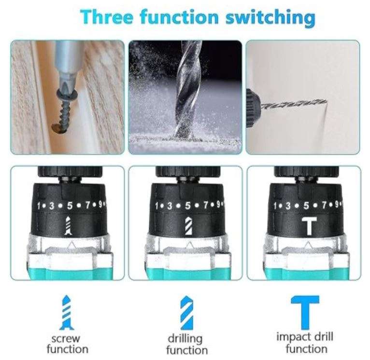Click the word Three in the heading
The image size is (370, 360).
click(x=107, y=17)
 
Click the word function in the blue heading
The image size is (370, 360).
click(x=179, y=17)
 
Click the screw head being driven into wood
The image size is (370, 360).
click(x=67, y=94)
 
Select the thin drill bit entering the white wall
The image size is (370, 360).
click(x=294, y=104)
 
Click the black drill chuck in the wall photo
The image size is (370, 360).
click(x=253, y=108)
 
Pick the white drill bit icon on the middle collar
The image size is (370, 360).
click(x=188, y=226)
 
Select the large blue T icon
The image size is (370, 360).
click(x=305, y=312)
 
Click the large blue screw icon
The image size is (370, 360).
click(x=67, y=312)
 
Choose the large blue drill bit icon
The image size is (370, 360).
click(x=186, y=313)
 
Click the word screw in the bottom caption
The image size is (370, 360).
click(x=66, y=339)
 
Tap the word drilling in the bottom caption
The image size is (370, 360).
click(x=185, y=339)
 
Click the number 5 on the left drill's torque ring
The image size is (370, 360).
click(x=70, y=206)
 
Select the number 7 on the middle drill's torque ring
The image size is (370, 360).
click(x=206, y=205)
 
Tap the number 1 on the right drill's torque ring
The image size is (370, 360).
click(x=275, y=206)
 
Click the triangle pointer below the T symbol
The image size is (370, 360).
click(x=308, y=245)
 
